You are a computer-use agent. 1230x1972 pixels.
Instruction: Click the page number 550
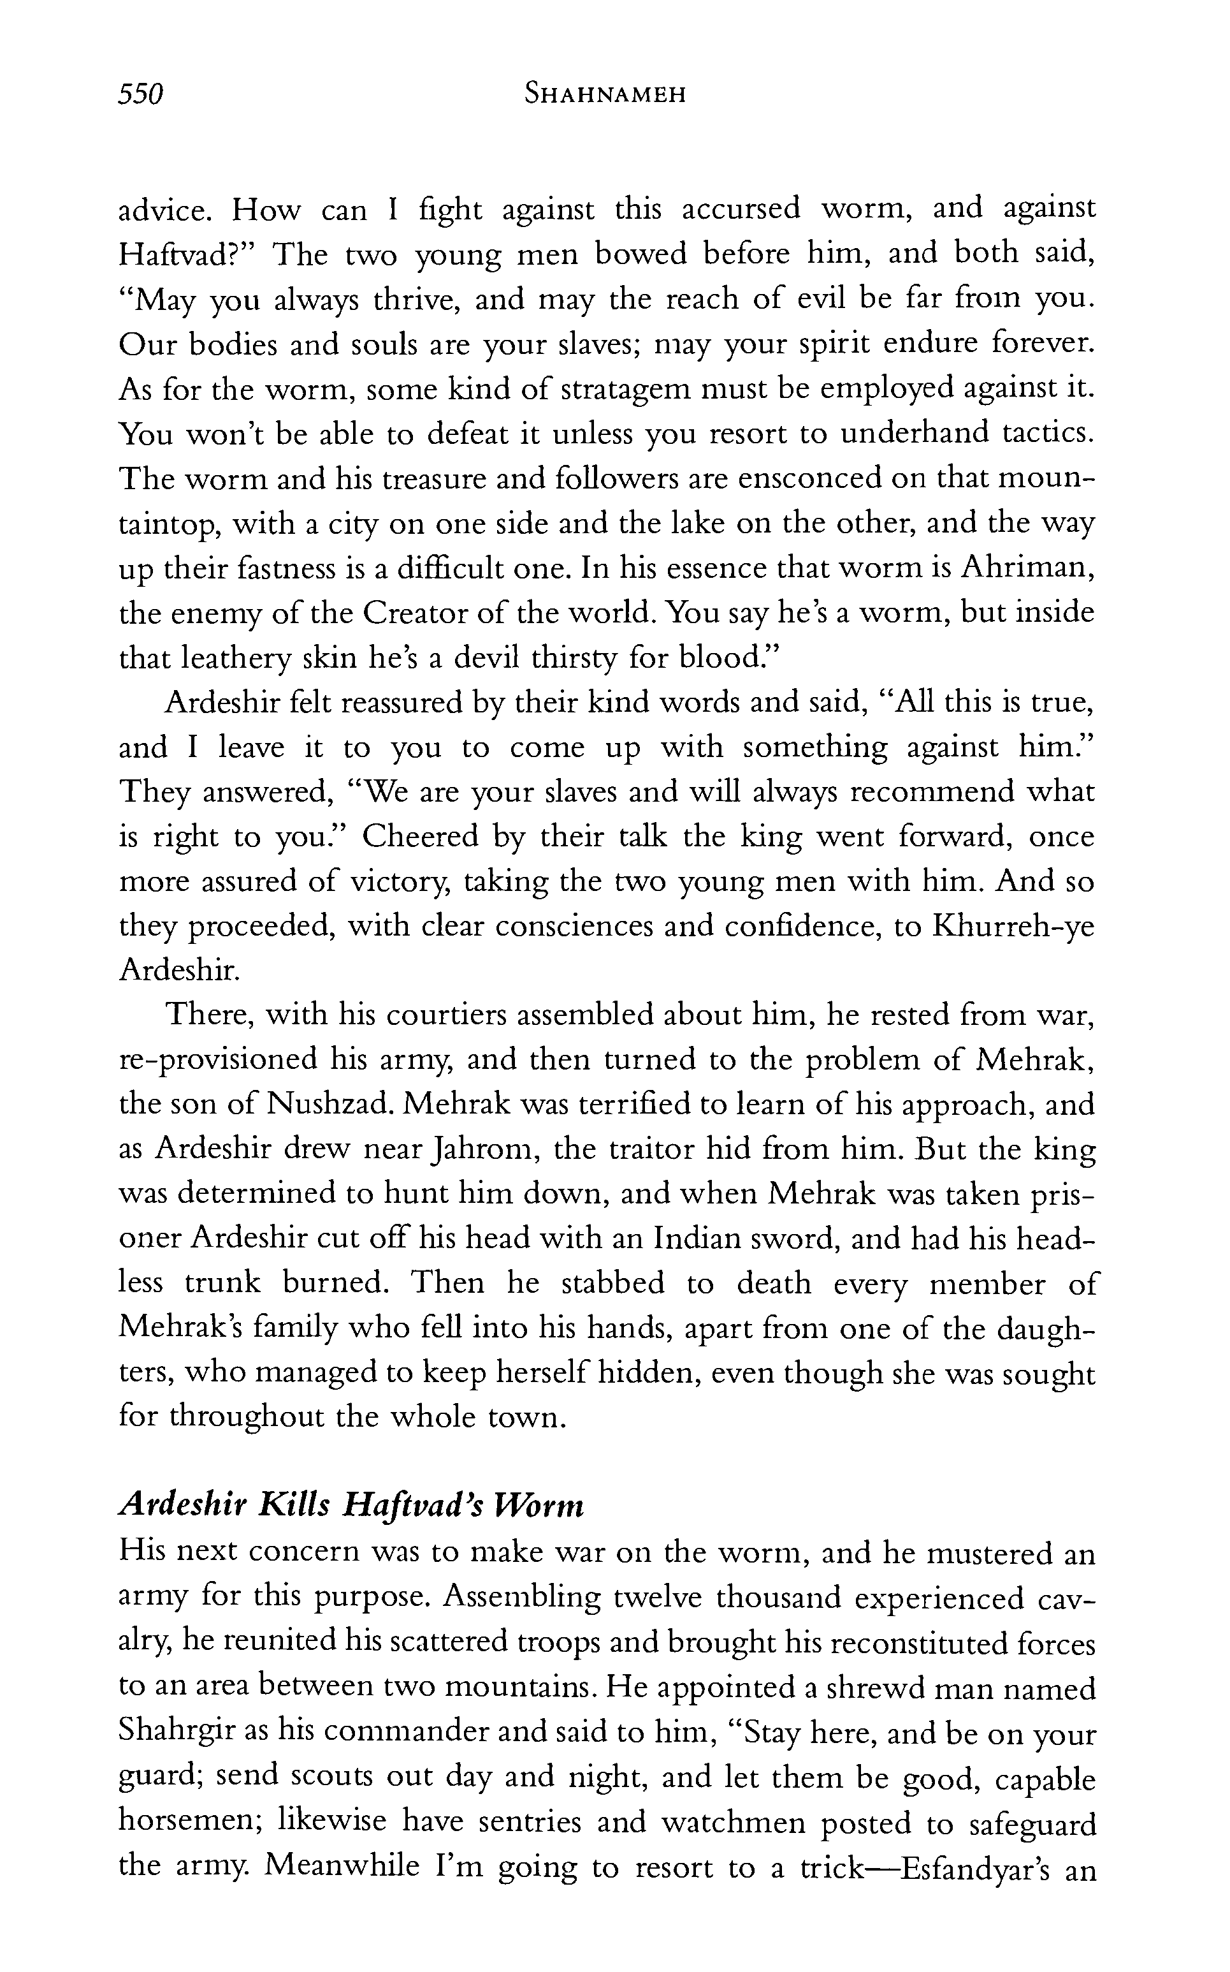141,94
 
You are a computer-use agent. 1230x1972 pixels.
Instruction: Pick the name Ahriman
1027,567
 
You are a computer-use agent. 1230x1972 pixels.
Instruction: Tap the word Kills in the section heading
291,1506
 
